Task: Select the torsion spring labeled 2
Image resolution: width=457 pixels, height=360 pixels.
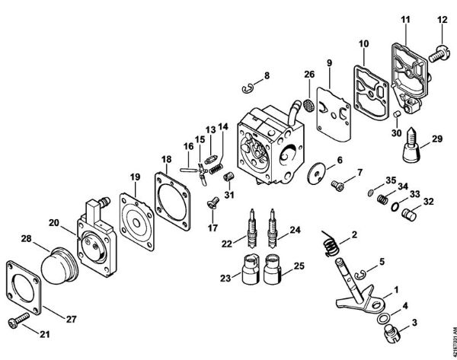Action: coord(328,244)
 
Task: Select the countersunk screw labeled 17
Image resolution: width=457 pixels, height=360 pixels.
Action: coord(213,202)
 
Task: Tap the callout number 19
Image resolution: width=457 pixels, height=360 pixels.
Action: coord(135,177)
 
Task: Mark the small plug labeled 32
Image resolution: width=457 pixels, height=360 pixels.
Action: coord(407,218)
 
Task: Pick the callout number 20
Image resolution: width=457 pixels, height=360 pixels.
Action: coord(53,222)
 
